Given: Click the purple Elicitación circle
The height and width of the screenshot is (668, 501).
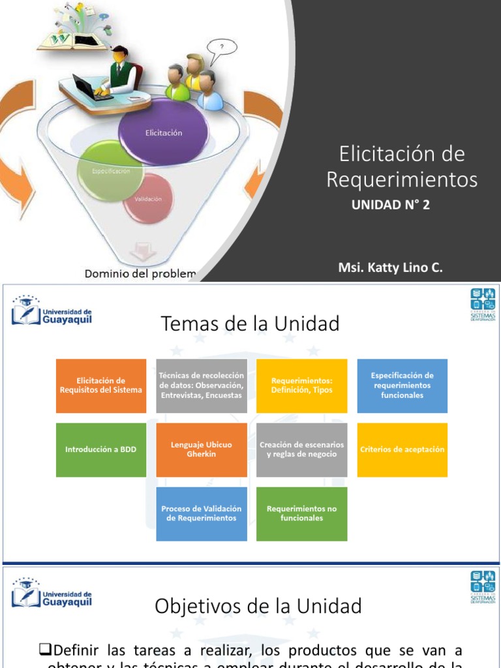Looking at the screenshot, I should [x=163, y=132].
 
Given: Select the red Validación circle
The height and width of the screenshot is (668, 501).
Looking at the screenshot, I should [x=148, y=198].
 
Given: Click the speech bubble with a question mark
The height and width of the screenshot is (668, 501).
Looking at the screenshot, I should [x=222, y=47].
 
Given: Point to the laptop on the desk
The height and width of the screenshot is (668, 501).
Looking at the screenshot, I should [x=84, y=86].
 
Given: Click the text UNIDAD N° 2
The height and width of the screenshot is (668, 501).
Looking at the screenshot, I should [x=391, y=205].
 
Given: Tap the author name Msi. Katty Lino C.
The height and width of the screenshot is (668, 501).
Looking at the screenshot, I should [x=390, y=267].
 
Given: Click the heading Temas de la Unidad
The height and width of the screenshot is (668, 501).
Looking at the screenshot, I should [x=250, y=324].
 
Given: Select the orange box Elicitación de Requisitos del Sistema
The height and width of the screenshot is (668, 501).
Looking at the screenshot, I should [x=101, y=386].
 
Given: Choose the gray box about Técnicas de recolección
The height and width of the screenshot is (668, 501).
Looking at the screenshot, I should [x=202, y=386].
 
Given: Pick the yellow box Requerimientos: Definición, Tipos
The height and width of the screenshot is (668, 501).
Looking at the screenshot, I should [x=302, y=386].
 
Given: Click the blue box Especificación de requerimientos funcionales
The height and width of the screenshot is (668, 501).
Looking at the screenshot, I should [x=402, y=386].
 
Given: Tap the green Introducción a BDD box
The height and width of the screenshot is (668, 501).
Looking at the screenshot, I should [x=101, y=449].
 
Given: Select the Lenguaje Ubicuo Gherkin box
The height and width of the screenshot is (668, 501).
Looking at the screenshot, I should [x=202, y=449].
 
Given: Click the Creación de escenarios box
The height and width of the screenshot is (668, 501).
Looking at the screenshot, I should [x=302, y=449].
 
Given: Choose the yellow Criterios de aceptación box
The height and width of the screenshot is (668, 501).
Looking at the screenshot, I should [x=402, y=449].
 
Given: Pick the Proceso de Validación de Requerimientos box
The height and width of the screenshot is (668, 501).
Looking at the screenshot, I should [x=202, y=513].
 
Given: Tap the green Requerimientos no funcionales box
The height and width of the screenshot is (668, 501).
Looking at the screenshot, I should [x=302, y=513].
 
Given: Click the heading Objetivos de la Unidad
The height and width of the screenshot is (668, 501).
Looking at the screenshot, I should [x=258, y=607].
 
